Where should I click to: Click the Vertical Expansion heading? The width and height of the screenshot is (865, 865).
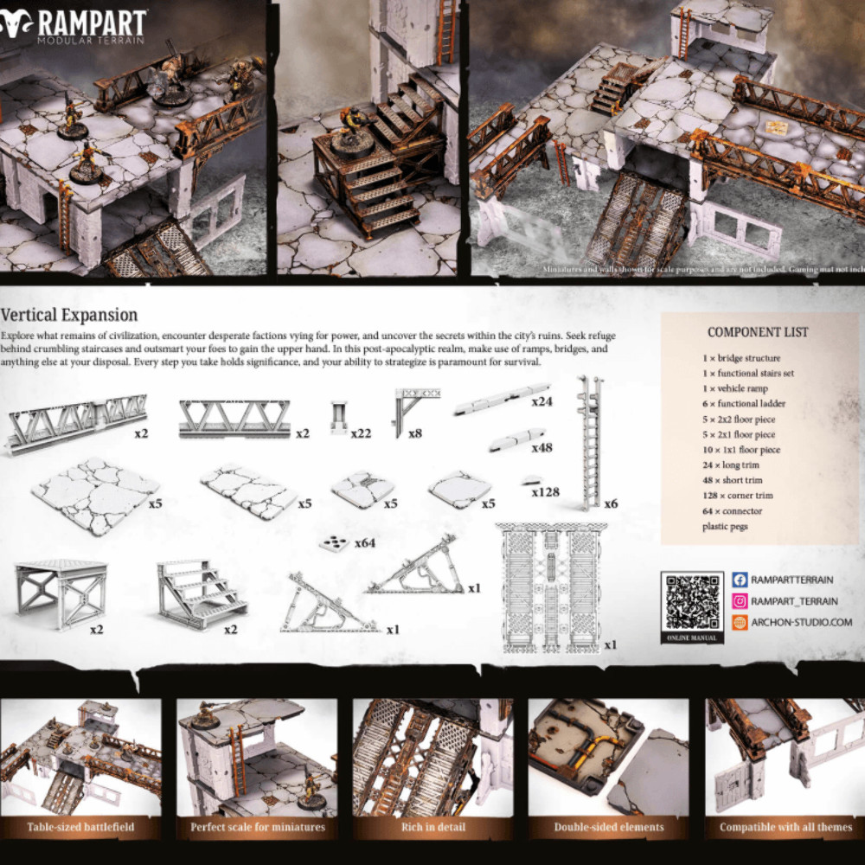(x=69, y=315)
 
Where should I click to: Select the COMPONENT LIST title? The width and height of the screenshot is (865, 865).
(x=758, y=332)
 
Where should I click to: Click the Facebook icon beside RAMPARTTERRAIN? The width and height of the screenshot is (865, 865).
(x=740, y=580)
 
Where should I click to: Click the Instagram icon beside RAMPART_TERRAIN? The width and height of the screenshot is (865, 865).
(x=740, y=601)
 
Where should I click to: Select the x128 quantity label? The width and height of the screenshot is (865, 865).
(x=546, y=492)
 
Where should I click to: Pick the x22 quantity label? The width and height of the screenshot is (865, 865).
(x=361, y=432)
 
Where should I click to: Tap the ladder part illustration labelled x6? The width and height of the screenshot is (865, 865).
(x=590, y=441)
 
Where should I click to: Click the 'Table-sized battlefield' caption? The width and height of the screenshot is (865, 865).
(x=80, y=827)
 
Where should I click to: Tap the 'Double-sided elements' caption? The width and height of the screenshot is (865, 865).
(x=609, y=827)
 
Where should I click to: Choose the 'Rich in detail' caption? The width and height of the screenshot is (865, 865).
(x=432, y=827)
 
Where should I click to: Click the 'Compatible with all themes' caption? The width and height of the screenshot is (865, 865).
(x=785, y=827)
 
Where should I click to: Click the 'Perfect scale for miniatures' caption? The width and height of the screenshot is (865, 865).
(x=257, y=827)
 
